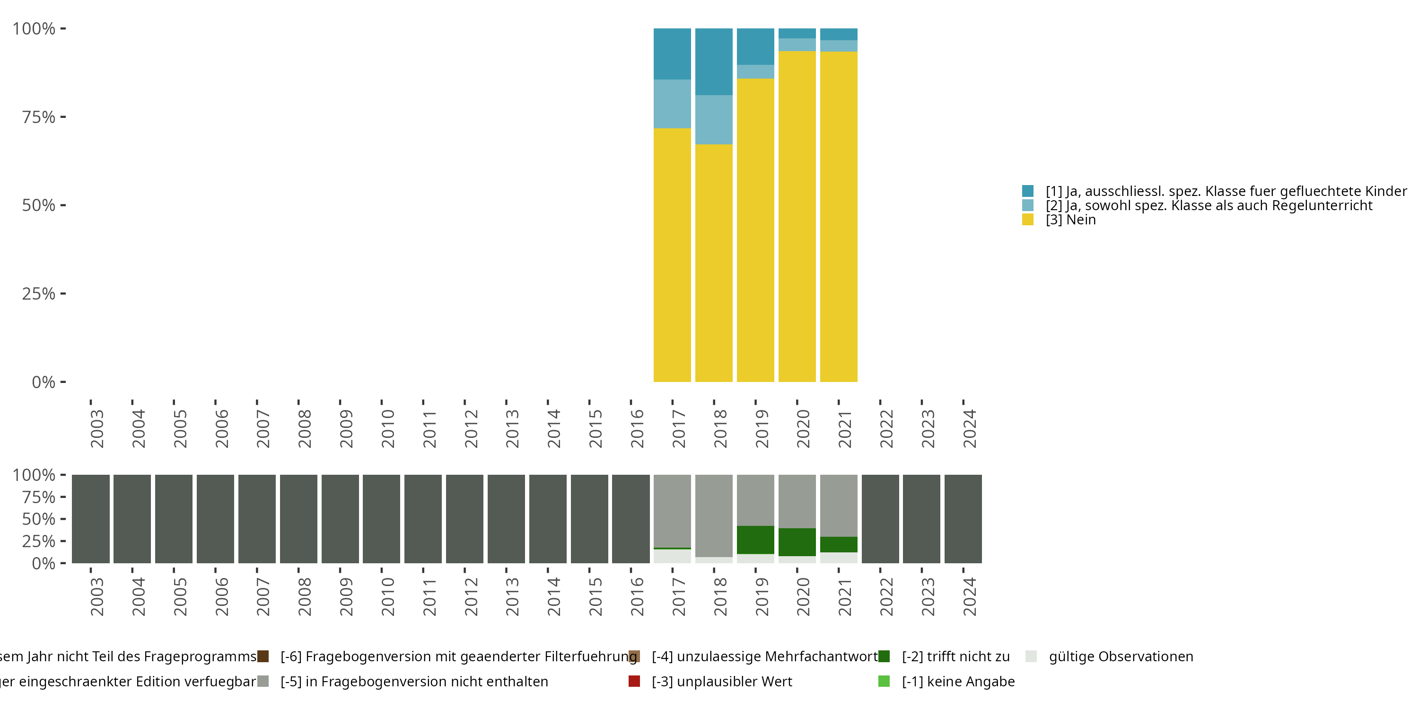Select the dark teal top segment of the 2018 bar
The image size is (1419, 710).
pyautogui.click(x=713, y=61)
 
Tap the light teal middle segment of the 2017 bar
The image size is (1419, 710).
pyautogui.click(x=672, y=104)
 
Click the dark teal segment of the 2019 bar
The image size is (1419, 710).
pyautogui.click(x=755, y=46)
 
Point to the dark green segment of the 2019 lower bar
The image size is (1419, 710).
pyautogui.click(x=755, y=540)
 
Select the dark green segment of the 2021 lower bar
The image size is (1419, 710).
pyautogui.click(x=839, y=544)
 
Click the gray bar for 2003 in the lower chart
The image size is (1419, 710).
pyautogui.click(x=91, y=519)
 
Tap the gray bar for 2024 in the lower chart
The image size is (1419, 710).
pyautogui.click(x=963, y=519)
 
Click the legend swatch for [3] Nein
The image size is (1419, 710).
pyautogui.click(x=1027, y=220)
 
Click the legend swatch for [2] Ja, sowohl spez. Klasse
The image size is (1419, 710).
pyautogui.click(x=1027, y=205)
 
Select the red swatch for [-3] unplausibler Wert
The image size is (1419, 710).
pyautogui.click(x=634, y=681)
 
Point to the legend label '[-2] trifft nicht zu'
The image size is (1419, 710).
pyautogui.click(x=956, y=657)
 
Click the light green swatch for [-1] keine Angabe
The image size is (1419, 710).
pyautogui.click(x=884, y=681)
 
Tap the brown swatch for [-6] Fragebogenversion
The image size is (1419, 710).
pyautogui.click(x=263, y=657)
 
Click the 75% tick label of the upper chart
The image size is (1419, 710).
pyautogui.click(x=39, y=117)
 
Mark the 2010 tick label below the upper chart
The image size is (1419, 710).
pyautogui.click(x=388, y=429)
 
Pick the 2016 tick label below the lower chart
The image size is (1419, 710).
pyautogui.click(x=637, y=597)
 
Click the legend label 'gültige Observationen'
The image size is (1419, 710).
pyautogui.click(x=1121, y=657)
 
